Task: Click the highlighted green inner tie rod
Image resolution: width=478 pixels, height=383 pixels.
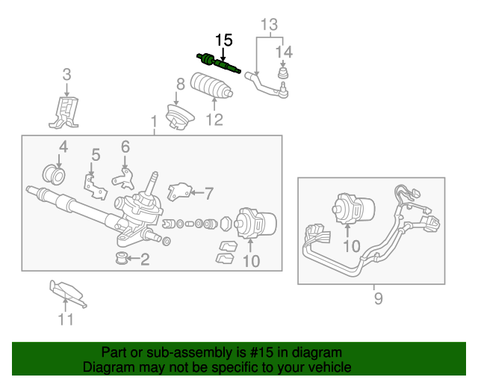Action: coord(218,63)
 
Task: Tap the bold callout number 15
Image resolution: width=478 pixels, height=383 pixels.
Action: coord(224,40)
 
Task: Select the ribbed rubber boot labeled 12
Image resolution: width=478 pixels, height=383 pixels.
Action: coord(211,85)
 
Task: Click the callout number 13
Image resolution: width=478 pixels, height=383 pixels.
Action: coord(270,25)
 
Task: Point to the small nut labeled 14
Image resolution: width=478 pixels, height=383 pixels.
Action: coord(283,73)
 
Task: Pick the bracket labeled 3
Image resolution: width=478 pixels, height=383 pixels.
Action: coord(65,112)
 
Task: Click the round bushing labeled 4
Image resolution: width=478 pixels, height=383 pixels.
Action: coord(54,175)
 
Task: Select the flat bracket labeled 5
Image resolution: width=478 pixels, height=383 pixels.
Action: coord(96,187)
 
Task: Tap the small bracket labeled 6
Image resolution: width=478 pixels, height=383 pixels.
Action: coord(124,180)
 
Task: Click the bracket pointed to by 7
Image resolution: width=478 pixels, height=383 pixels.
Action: coord(179,191)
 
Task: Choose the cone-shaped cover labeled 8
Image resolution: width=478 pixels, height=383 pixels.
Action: coord(180,117)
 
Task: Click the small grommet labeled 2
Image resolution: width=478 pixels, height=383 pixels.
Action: coord(121,258)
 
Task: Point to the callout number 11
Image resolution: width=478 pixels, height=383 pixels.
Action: coord(66,319)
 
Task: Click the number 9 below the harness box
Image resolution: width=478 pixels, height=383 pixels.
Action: coord(379,298)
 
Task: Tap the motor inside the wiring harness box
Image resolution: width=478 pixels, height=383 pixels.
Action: coord(353,208)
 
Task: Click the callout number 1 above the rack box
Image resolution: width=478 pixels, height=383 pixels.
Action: coord(154,122)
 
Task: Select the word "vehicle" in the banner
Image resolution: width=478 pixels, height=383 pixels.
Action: coord(332,367)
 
